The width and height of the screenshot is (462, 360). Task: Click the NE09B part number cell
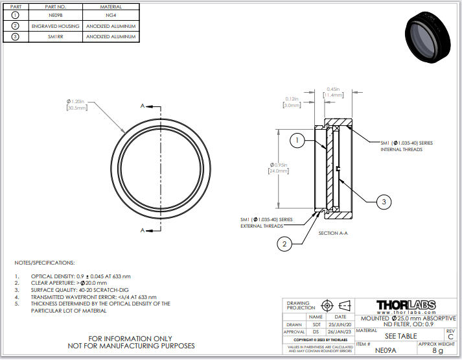[55, 16]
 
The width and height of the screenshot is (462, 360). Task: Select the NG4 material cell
[112, 16]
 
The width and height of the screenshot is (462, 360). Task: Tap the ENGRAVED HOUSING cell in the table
[55, 26]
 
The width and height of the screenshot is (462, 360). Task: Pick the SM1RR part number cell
[55, 37]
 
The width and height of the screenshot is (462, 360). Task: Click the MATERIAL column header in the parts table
[112, 6]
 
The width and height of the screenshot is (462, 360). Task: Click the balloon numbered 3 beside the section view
[384, 202]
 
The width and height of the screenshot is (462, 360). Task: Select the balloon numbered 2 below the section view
[284, 243]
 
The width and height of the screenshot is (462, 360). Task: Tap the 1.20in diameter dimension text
[76, 102]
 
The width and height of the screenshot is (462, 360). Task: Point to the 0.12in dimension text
[292, 99]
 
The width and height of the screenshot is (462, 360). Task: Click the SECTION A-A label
[333, 232]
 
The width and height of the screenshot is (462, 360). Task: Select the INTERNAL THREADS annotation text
[401, 149]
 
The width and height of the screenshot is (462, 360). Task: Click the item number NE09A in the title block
[385, 350]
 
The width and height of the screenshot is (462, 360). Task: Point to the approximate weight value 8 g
[438, 350]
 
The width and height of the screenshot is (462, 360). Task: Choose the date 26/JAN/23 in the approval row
[340, 331]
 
